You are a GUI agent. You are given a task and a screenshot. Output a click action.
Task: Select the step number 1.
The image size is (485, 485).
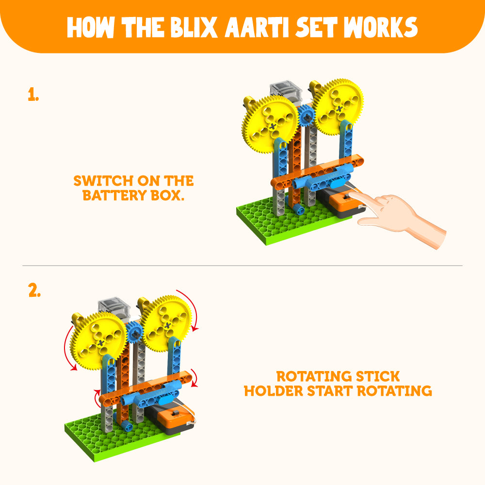coord(33,95)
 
